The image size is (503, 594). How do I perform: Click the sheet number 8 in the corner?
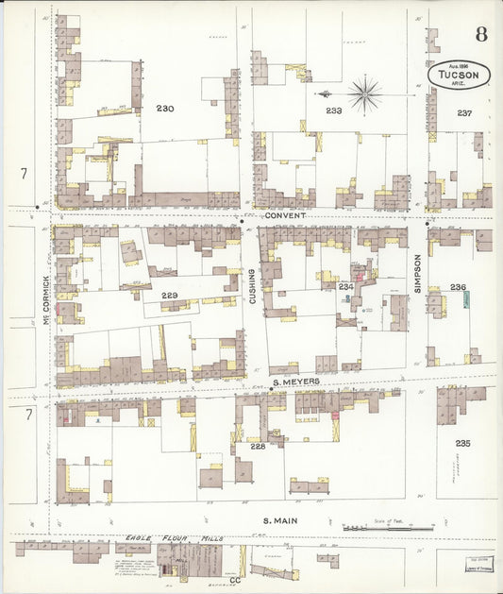pos(481,36)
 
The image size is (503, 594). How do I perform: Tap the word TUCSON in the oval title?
pos(459,75)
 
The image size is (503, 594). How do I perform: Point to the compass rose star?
pos(363,93)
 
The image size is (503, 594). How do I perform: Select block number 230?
pos(165,110)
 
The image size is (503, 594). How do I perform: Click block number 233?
pos(334,110)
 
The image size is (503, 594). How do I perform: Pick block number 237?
pos(464,112)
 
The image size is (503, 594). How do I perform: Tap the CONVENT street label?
pos(286,214)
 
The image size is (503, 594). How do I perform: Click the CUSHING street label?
pos(253,285)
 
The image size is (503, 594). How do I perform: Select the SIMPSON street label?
pos(416,271)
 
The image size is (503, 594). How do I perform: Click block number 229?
pos(169,296)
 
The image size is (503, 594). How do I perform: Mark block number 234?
pos(345,286)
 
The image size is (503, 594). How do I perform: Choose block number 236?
pos(458,287)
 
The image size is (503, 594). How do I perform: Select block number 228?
pos(258,446)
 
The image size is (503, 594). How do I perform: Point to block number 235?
pos(462,443)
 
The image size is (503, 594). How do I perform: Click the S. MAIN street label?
pos(280,519)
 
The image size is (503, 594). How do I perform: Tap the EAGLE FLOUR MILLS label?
pos(173,537)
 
